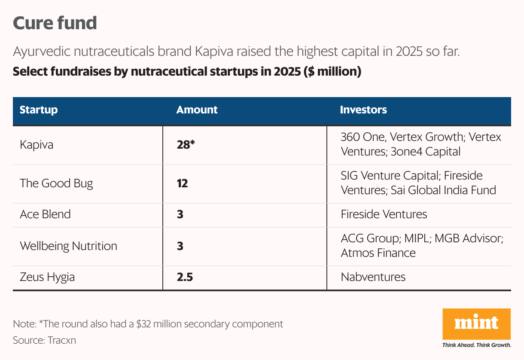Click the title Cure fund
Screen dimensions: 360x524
pyautogui.click(x=55, y=23)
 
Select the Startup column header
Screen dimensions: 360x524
pyautogui.click(x=39, y=110)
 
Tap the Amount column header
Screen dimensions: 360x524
pyautogui.click(x=197, y=110)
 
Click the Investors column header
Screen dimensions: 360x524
pyautogui.click(x=363, y=110)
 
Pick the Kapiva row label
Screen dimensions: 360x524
pyautogui.click(x=37, y=145)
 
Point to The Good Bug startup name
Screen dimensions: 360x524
pyautogui.click(x=56, y=183)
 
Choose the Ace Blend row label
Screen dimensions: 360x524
pyautogui.click(x=45, y=214)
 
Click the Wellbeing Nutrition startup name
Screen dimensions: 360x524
pyautogui.click(x=68, y=246)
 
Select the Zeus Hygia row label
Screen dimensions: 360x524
pyautogui.click(x=47, y=277)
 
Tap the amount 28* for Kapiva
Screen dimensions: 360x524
pyautogui.click(x=186, y=145)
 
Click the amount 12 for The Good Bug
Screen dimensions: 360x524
pyautogui.click(x=182, y=183)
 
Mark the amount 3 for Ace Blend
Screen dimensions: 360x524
pyautogui.click(x=180, y=214)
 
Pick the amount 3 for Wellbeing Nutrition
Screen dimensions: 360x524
pyautogui.click(x=180, y=246)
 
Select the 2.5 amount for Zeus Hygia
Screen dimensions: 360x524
pyautogui.click(x=185, y=277)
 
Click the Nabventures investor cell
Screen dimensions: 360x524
pyautogui.click(x=373, y=277)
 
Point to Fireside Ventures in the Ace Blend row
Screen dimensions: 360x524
pyautogui.click(x=384, y=214)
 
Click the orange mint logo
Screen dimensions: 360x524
pyautogui.click(x=476, y=323)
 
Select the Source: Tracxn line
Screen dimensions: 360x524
pyautogui.click(x=44, y=340)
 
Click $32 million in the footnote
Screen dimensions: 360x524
pyautogui.click(x=158, y=324)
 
